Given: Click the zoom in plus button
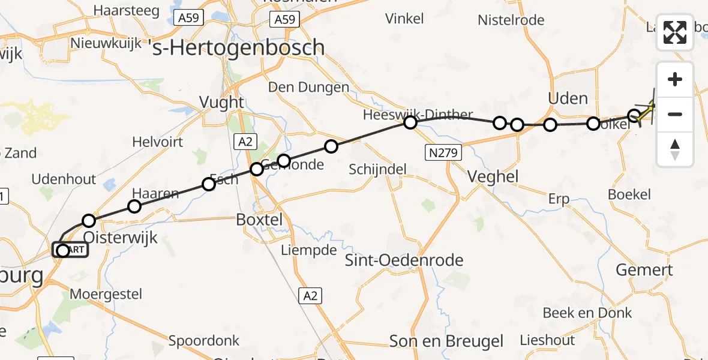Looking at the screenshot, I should tap(675, 80).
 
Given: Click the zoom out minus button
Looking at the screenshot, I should tap(675, 114).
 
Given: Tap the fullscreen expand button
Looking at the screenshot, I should tap(675, 32).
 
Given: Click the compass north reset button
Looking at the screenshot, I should tap(675, 149).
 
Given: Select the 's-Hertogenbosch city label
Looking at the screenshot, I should tap(239, 47).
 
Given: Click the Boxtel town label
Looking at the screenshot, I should tap(259, 220).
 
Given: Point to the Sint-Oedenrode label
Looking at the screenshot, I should tap(404, 260).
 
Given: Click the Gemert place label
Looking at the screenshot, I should tap(644, 270).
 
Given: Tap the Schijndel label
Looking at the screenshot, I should tap(378, 170).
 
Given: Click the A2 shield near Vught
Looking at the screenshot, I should tap(244, 141).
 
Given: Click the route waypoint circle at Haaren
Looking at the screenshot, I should tap(134, 206).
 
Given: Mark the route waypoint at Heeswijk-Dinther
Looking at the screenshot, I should tap(410, 123).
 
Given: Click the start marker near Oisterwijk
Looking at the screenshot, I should tap(63, 250).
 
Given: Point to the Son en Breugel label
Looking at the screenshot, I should tap(446, 341).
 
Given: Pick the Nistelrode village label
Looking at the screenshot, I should tap(511, 20).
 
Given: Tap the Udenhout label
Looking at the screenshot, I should tap(64, 179).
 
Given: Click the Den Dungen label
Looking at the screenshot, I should tap(308, 88).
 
